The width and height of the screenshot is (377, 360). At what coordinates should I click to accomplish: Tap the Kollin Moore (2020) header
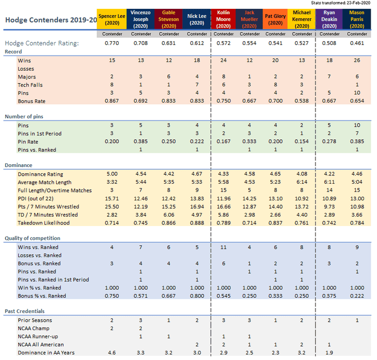tap(224, 19)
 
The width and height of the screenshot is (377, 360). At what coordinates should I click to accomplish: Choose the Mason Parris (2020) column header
tap(357, 19)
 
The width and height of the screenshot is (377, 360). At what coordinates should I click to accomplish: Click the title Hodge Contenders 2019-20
tap(50, 20)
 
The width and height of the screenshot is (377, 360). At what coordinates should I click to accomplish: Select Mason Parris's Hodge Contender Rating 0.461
tap(357, 43)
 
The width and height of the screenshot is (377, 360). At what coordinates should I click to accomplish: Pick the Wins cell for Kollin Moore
tap(224, 61)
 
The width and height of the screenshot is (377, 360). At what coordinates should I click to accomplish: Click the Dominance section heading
tap(19, 165)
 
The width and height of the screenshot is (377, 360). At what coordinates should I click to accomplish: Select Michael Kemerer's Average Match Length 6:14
tap(302, 182)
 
